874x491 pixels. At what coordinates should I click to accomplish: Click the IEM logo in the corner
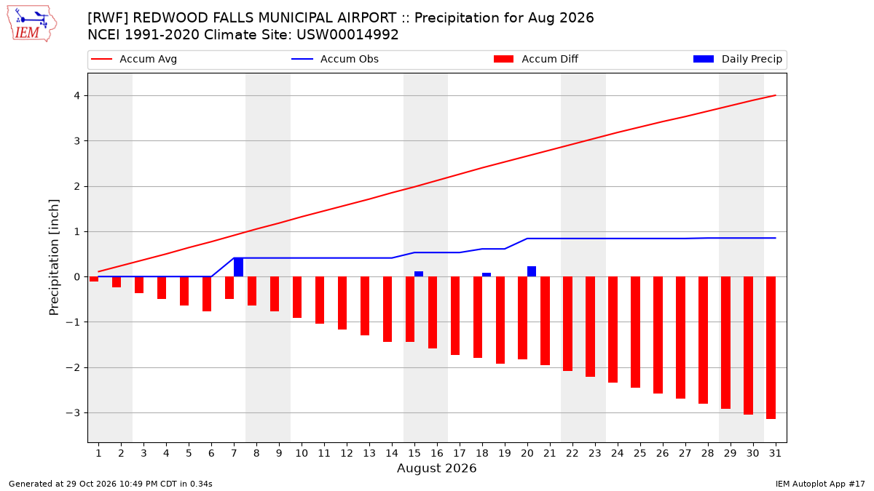32,23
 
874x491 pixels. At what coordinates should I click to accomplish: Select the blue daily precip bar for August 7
238,267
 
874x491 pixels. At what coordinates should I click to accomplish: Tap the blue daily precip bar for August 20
532,271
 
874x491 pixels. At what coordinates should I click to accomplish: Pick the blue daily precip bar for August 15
419,274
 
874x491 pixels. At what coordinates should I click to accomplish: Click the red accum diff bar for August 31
771,348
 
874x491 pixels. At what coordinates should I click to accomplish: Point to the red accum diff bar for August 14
387,309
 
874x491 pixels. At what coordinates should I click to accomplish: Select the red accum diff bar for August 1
94,279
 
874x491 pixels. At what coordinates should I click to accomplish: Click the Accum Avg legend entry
134,59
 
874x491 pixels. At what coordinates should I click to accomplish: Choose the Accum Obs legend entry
335,59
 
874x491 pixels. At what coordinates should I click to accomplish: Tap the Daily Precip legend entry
738,59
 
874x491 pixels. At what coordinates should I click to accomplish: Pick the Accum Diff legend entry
536,59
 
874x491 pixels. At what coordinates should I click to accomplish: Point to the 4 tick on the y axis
77,95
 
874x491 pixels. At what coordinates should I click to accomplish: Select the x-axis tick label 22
572,453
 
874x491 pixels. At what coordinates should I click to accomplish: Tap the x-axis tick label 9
279,453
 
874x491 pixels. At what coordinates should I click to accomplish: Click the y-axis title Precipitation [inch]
54,258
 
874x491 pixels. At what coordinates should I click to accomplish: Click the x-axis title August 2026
436,468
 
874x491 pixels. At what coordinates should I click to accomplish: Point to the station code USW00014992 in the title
347,35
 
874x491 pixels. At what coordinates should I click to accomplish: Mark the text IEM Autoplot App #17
820,484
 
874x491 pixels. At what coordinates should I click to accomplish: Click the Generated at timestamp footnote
111,484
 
